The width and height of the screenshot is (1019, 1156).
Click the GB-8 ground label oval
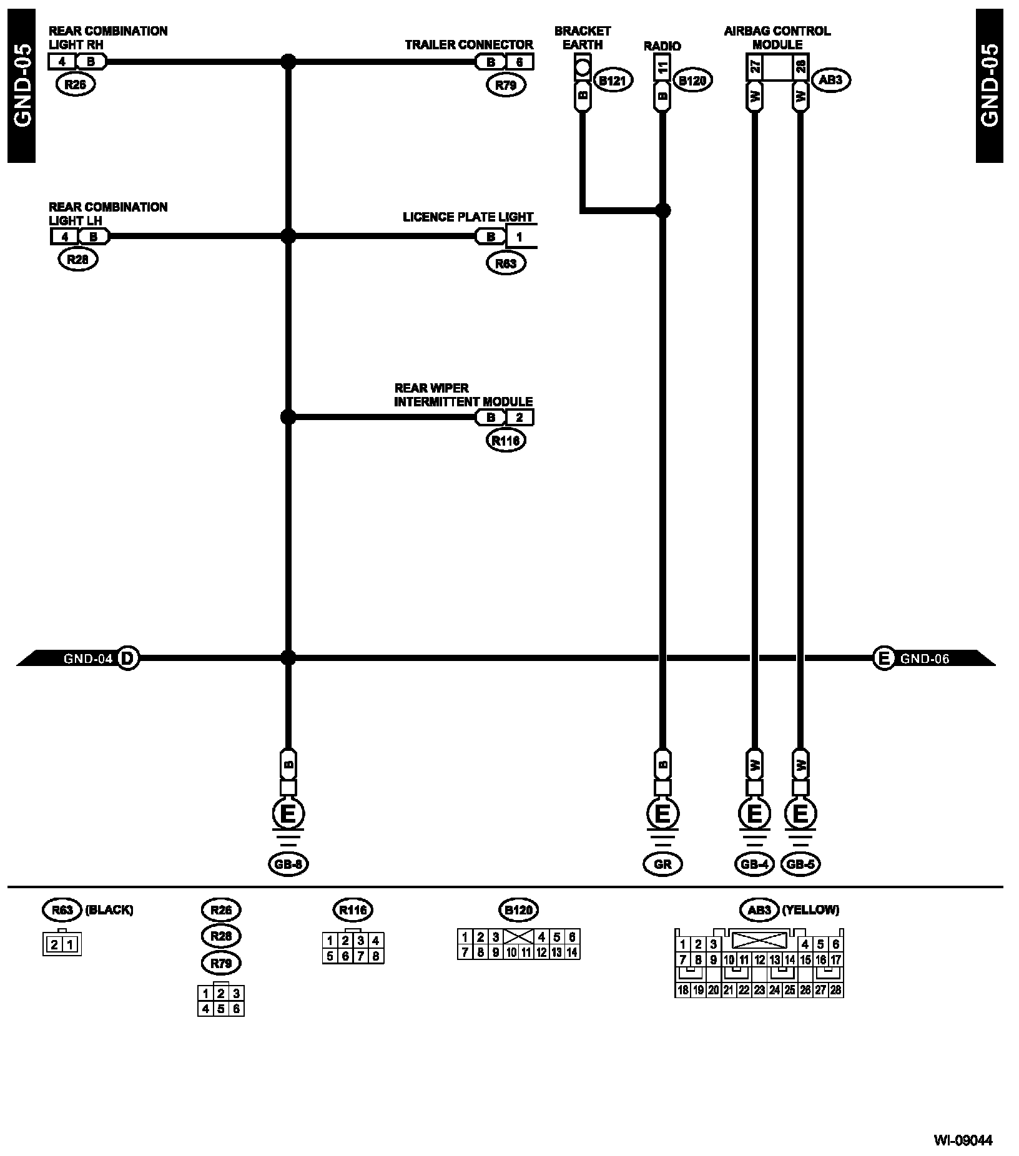pyautogui.click(x=288, y=864)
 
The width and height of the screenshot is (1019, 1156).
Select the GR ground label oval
pyautogui.click(x=662, y=864)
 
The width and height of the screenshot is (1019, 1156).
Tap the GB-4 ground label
pyautogui.click(x=754, y=864)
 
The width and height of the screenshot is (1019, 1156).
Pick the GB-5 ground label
pyautogui.click(x=800, y=864)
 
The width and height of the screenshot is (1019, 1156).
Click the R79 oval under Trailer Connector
pyautogui.click(x=506, y=86)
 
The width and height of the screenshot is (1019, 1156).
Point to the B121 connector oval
pyautogui.click(x=613, y=81)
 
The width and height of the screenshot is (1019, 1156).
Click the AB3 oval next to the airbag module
pyautogui.click(x=830, y=80)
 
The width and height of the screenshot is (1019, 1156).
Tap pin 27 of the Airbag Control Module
pyautogui.click(x=754, y=66)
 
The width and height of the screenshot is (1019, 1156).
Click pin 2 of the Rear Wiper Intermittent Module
pyautogui.click(x=519, y=418)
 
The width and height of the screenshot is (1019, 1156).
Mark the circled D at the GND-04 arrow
pyautogui.click(x=127, y=658)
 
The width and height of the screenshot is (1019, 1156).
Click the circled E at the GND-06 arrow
pyautogui.click(x=884, y=658)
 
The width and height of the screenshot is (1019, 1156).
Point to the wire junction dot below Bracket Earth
pyautogui.click(x=662, y=211)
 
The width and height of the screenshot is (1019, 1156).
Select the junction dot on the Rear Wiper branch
pyautogui.click(x=288, y=417)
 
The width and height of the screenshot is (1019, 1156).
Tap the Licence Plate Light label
pyautogui.click(x=468, y=217)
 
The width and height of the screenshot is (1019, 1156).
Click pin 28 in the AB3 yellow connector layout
pyautogui.click(x=835, y=990)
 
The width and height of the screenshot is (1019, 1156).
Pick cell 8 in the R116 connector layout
pyautogui.click(x=375, y=956)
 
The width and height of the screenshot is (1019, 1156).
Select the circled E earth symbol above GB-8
pyautogui.click(x=288, y=814)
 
